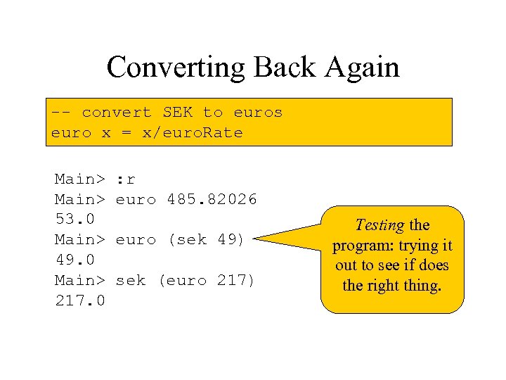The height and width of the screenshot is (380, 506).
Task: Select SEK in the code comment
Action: click(x=177, y=113)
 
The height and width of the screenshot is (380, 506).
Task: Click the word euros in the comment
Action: click(x=258, y=113)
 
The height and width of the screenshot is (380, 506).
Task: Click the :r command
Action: click(x=126, y=179)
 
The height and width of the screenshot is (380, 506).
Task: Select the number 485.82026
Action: click(x=212, y=200)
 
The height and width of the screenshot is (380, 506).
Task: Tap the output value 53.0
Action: click(x=74, y=220)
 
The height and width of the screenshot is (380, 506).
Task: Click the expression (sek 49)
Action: click(x=206, y=240)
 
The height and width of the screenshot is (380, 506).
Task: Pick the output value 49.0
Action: click(x=74, y=260)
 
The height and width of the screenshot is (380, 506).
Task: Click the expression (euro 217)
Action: click(x=206, y=280)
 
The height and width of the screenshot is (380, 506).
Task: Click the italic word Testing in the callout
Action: click(x=379, y=226)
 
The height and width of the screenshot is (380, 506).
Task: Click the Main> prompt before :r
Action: click(x=79, y=179)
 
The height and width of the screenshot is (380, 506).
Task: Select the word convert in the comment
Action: click(x=116, y=113)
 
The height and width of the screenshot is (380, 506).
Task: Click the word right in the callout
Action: click(x=381, y=286)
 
